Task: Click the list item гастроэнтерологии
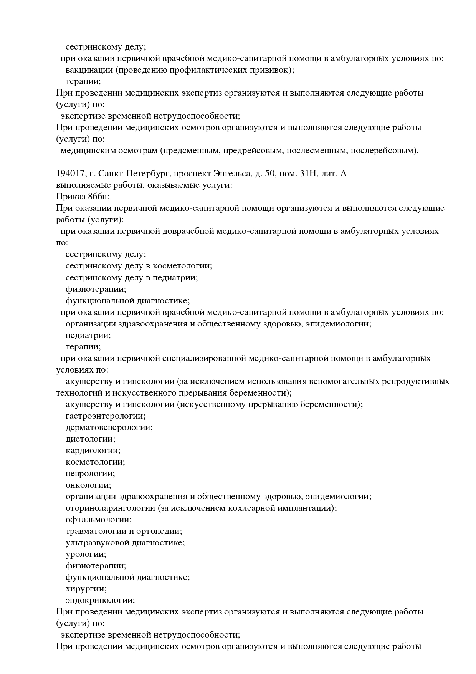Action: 105,416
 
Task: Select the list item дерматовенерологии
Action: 109,427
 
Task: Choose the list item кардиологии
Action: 93,450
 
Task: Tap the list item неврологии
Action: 90,474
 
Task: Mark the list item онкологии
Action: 88,485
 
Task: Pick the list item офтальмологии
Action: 98,520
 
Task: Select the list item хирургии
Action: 86,589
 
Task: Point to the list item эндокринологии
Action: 100,600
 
